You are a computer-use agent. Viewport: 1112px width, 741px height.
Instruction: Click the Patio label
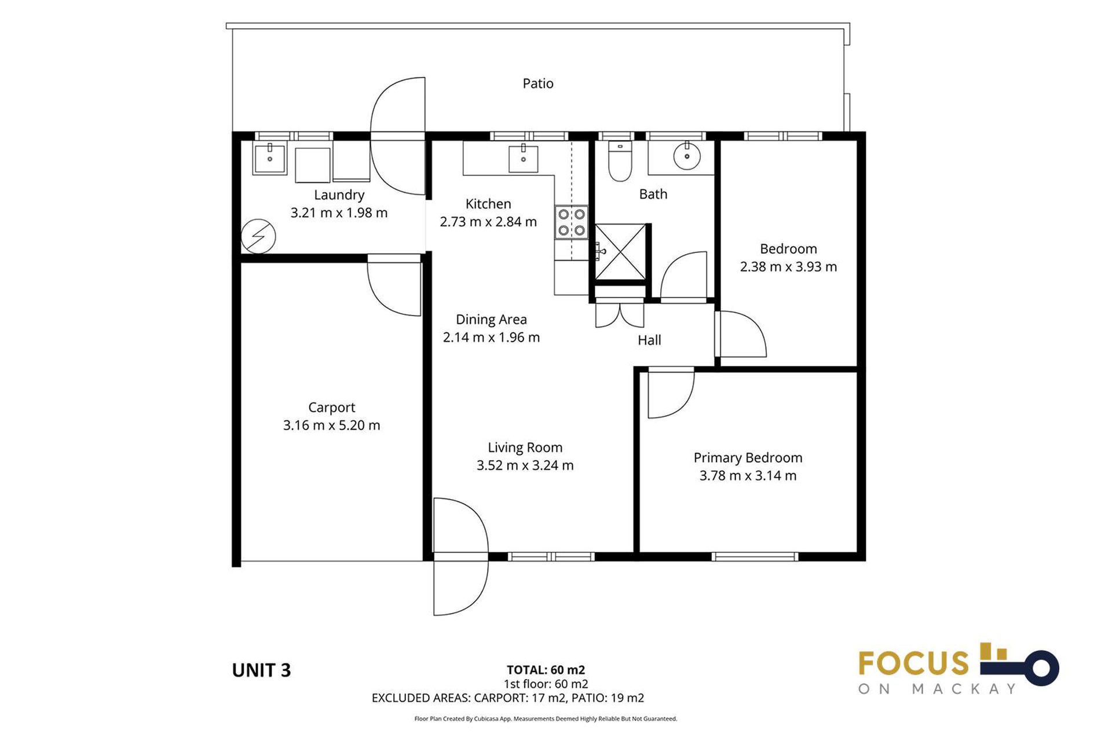pos(537,83)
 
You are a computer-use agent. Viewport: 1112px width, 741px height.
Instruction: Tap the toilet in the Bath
pos(620,162)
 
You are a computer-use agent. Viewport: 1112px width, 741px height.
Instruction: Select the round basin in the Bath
pos(687,156)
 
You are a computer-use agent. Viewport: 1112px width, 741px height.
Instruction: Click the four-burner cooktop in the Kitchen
pos(571,222)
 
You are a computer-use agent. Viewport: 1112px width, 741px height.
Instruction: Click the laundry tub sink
pos(269,159)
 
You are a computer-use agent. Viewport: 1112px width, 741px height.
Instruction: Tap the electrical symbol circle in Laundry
pos(258,236)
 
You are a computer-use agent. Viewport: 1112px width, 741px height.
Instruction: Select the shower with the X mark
pos(620,251)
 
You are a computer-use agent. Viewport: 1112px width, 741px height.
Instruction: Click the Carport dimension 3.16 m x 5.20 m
pos(331,425)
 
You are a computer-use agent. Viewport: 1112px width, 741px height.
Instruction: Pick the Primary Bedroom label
pos(748,457)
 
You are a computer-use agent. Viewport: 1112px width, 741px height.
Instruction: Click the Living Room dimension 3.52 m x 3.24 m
pos(525,465)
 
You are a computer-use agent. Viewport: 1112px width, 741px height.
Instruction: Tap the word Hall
pos(649,340)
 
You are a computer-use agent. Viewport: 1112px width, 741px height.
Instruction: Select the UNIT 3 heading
pos(261,670)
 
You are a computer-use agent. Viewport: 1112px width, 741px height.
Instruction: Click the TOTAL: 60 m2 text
pos(546,670)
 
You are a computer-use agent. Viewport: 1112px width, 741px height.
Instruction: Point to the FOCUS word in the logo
pos(913,663)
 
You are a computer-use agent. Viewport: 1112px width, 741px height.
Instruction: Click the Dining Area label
pos(491,320)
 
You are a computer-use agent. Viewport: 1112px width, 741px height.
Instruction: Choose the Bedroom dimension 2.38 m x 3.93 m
pos(788,267)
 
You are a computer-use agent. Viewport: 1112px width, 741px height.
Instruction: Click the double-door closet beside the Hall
pos(620,314)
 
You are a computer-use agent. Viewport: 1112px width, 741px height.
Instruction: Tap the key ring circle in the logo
pos(1041,668)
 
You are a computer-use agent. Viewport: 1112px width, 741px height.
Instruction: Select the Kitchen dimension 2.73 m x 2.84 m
pos(488,222)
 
